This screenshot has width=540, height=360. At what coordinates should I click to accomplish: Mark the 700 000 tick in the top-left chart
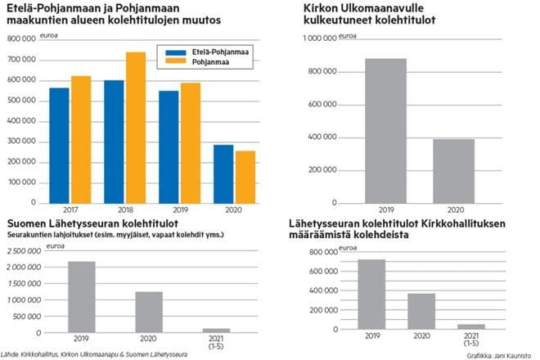(25, 61)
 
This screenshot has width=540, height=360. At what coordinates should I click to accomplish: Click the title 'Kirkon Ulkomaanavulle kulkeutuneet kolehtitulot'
(380, 14)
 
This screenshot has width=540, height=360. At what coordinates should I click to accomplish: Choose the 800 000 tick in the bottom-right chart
(321, 252)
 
